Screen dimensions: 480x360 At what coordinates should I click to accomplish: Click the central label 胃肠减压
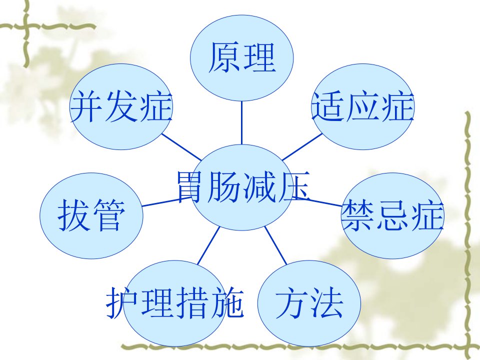pyautogui.click(x=243, y=187)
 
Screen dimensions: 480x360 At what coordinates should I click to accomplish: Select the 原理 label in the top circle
pyautogui.click(x=242, y=57)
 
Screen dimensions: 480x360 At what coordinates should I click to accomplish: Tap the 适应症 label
pyautogui.click(x=363, y=107)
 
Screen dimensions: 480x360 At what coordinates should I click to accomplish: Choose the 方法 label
pyautogui.click(x=309, y=302)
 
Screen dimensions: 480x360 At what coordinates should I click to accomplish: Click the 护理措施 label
pyautogui.click(x=175, y=302)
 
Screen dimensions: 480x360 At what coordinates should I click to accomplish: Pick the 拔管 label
pyautogui.click(x=91, y=215)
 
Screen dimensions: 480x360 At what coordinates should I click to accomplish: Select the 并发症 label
pyautogui.click(x=121, y=107)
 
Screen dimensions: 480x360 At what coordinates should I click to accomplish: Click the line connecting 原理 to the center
pyautogui.click(x=241, y=123)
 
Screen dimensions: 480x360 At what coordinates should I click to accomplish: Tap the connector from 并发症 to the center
pyautogui.click(x=181, y=147)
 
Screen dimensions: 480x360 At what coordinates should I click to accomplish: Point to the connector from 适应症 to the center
pyautogui.click(x=302, y=147)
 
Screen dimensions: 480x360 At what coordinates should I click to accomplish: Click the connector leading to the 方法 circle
pyautogui.click(x=275, y=245)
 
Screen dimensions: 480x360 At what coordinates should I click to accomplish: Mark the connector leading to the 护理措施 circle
pyautogui.click(x=209, y=245)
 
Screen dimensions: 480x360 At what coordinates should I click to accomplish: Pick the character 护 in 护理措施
pyautogui.click(x=122, y=302)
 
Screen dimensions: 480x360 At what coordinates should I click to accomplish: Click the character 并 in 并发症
pyautogui.click(x=86, y=107)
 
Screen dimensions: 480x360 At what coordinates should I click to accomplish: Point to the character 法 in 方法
pyautogui.click(x=326, y=302)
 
